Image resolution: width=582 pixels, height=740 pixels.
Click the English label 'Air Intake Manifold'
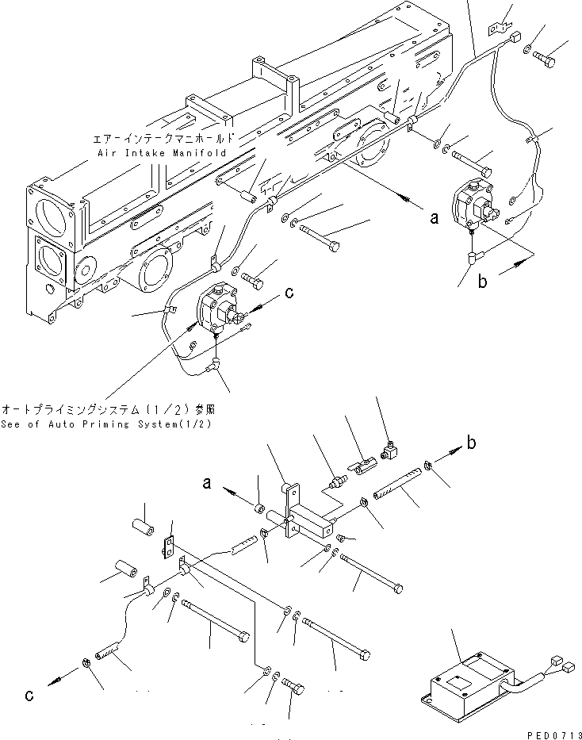pos(162,152)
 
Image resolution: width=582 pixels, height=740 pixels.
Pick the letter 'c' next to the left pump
pos(289,293)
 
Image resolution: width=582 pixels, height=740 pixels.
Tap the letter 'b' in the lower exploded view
pos(471,444)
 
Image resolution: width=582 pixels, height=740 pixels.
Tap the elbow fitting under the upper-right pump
pos(473,257)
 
